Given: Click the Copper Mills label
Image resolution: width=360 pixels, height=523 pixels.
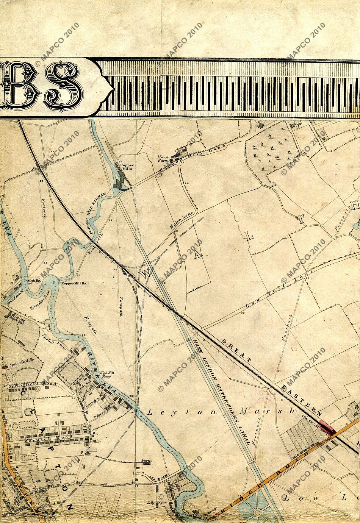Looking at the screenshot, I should tap(125, 167).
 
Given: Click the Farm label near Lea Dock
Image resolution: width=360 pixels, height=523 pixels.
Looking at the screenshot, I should tap(146, 461).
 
